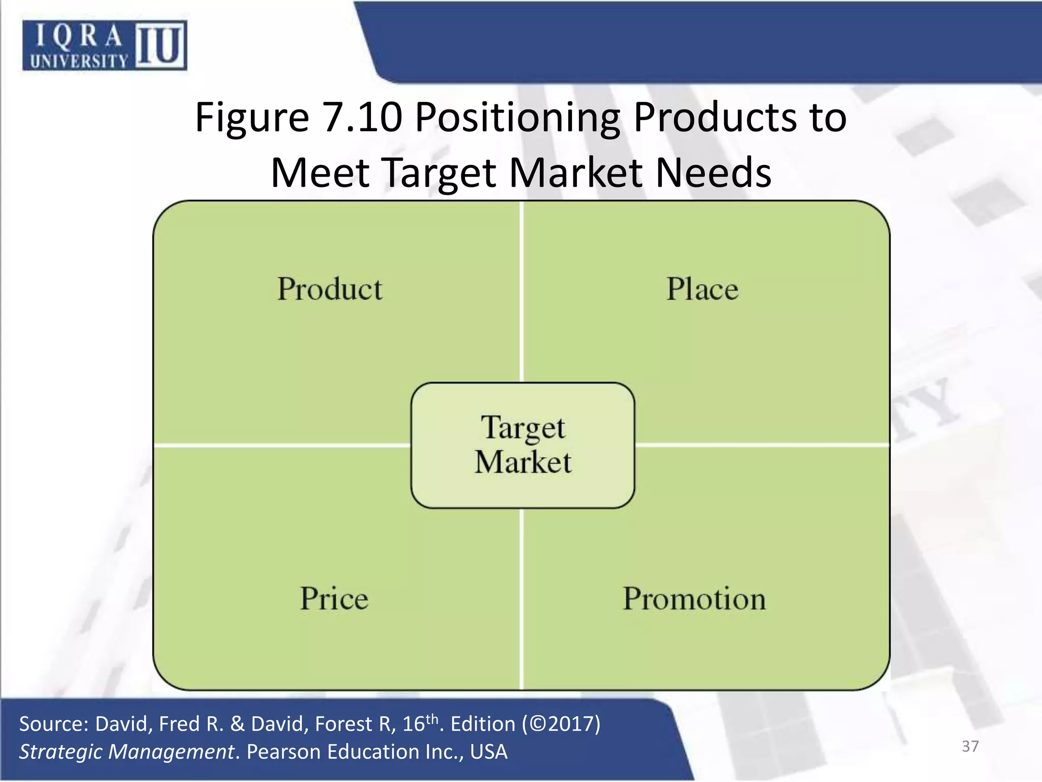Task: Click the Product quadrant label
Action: coord(330,289)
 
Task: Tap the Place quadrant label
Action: coord(702,289)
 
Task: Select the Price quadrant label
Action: coord(334,598)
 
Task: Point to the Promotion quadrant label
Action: coord(694,598)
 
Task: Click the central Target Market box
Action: coord(523,445)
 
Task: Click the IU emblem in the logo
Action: coord(161,45)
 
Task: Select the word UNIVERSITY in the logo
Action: coord(79,62)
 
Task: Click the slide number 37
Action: coord(970,746)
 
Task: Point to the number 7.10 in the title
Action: coord(363,118)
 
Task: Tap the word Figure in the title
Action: coord(252,118)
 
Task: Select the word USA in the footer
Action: coord(488,752)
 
